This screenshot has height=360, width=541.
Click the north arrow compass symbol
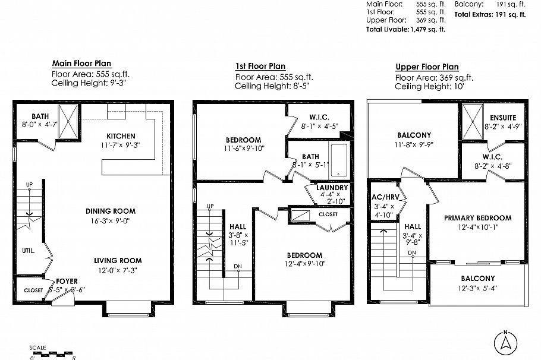(505, 343)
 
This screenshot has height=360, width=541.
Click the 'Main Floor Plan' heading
(81, 63)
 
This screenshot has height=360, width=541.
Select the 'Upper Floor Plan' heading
(427, 67)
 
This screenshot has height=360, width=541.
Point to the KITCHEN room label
(121, 136)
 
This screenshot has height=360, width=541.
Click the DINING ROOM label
(111, 211)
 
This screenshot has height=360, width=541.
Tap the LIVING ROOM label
(118, 260)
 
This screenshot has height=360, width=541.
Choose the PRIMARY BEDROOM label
(477, 218)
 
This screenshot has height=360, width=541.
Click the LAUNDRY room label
(332, 188)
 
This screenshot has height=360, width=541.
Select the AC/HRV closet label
(385, 197)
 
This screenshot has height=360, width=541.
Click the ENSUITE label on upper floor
(503, 118)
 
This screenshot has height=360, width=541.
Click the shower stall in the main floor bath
(68, 121)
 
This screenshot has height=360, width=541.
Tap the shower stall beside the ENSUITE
(473, 122)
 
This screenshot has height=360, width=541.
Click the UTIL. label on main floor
(29, 251)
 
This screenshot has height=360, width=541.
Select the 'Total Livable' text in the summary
(388, 29)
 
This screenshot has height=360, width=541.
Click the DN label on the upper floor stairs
(412, 252)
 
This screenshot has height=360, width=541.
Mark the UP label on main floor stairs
(29, 185)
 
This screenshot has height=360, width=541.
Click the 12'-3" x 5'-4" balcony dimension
(477, 288)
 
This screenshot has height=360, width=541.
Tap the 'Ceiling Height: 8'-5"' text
(272, 86)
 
